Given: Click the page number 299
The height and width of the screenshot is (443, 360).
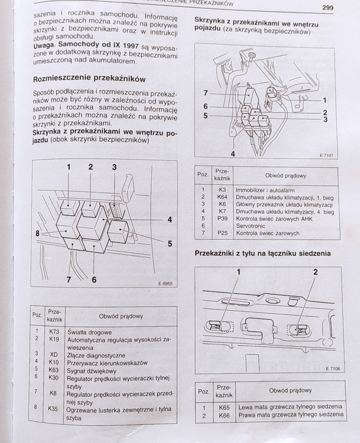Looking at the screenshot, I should tap(330, 8).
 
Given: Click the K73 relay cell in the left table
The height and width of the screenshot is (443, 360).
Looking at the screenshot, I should tap(54, 331).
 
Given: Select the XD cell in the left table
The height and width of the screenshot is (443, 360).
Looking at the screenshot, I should tap(53, 355).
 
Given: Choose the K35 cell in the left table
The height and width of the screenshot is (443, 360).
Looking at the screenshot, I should tap(53, 408).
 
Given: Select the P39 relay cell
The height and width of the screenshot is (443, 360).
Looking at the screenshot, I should tap(222, 218).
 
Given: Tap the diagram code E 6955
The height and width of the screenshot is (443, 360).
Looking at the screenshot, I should tap(165, 284).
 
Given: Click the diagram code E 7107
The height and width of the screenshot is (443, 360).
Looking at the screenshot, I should tap(326, 155).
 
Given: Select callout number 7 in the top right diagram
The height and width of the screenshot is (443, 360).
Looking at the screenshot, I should tap(205, 93).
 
